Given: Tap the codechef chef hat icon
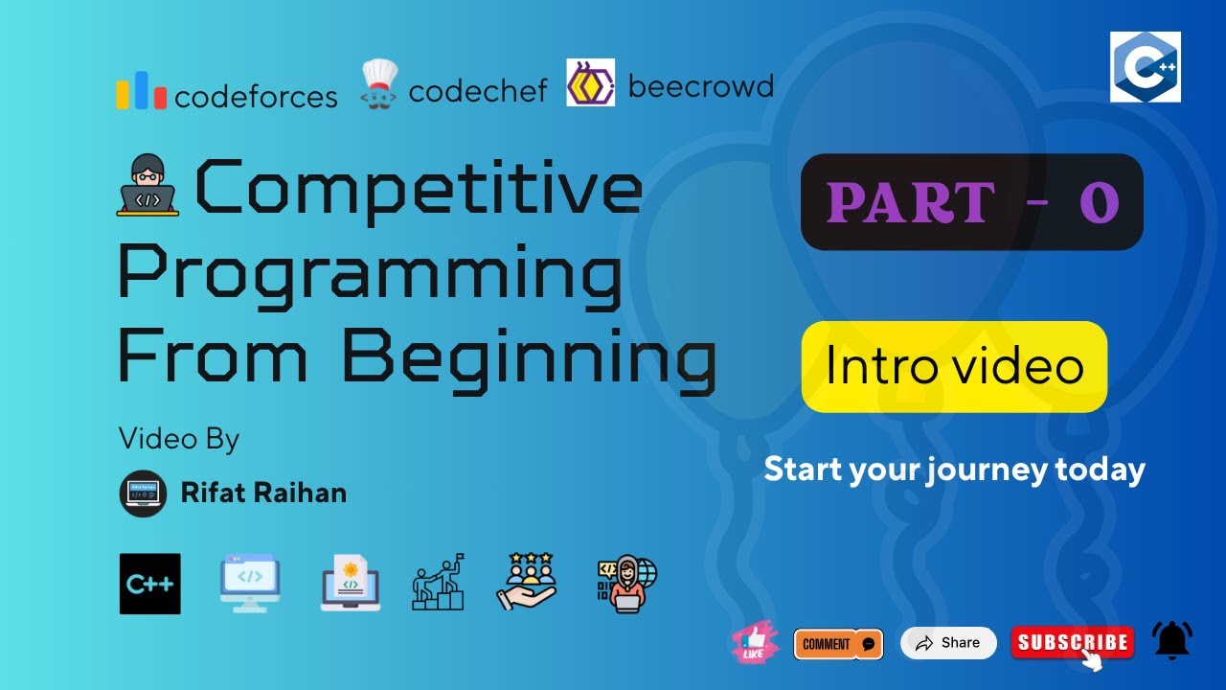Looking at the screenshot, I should click(x=378, y=85).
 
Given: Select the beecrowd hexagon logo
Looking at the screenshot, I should click(x=590, y=82).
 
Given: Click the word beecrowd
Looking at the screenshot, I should click(x=700, y=87).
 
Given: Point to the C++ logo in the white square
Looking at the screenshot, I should click(x=1145, y=67).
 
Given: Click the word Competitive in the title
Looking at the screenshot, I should click(x=419, y=189).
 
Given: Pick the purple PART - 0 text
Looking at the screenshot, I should click(x=972, y=203).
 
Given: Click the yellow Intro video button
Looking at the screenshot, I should click(x=954, y=367).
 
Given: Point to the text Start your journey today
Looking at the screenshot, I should click(x=954, y=470).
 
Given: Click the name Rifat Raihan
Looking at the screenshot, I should click(x=263, y=494).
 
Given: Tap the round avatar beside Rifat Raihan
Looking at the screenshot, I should click(x=144, y=494).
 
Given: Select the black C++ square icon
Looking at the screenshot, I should click(x=150, y=584).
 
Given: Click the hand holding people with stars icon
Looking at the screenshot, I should click(x=526, y=582).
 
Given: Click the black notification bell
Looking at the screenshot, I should click(x=1172, y=640).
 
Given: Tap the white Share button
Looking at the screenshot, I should click(x=948, y=643).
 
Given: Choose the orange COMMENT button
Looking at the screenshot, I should click(x=838, y=644).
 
